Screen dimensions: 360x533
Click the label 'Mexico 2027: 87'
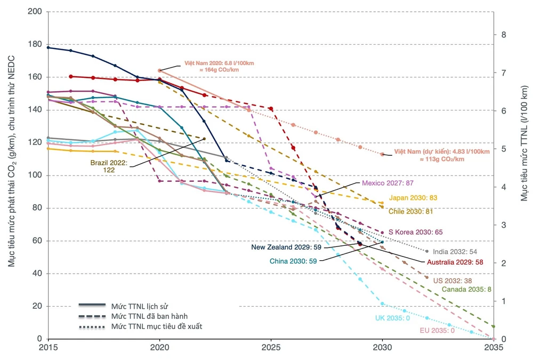[x=387, y=183]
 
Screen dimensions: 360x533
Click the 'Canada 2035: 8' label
[x=466, y=289]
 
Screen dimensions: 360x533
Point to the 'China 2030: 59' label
[x=294, y=261]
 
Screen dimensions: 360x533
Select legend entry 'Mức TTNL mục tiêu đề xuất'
[x=157, y=326]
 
